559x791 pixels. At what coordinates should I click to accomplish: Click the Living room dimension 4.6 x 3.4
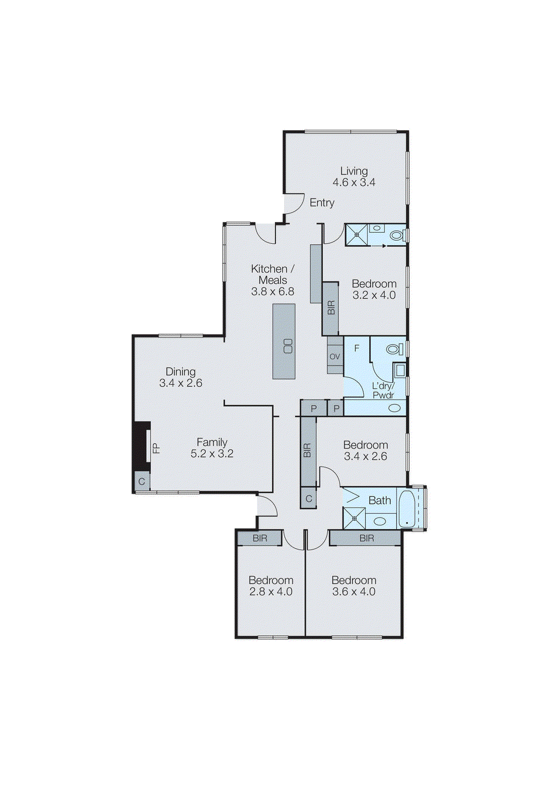[353, 182]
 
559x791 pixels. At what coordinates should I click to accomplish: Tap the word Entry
[322, 203]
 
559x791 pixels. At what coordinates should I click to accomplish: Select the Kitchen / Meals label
[272, 274]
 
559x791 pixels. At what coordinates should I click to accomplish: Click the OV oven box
[335, 356]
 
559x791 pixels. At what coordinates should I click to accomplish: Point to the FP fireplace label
[156, 448]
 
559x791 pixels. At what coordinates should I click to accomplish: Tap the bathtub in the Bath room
[408, 509]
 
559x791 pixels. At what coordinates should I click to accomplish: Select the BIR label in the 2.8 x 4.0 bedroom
[260, 538]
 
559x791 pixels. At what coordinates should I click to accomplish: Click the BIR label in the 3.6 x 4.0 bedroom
[367, 538]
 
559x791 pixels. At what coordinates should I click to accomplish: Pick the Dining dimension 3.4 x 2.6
[180, 383]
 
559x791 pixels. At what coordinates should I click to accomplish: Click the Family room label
[212, 442]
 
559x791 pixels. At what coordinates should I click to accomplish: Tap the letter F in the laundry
[356, 349]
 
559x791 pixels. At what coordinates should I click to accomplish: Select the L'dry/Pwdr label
[383, 391]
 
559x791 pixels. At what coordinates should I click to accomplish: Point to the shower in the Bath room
[355, 518]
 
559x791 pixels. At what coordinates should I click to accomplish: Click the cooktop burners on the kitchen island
[288, 346]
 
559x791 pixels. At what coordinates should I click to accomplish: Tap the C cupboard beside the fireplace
[142, 482]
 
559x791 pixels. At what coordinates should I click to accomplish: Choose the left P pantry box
[313, 409]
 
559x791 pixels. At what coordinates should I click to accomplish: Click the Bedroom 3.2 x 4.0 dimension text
[374, 295]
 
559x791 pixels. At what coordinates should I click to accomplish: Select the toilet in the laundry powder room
[393, 350]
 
